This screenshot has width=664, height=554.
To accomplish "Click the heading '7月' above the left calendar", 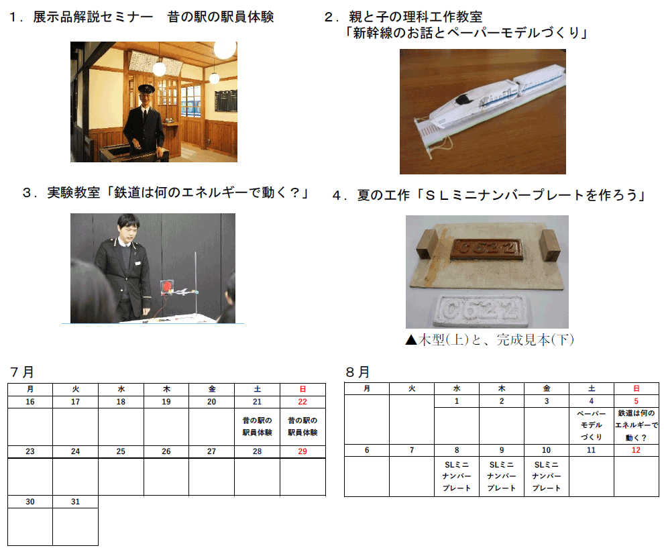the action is coord(21,372).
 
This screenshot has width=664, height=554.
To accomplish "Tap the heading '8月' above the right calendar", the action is coord(358,372).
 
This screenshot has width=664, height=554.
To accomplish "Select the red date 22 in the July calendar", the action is coord(302,402).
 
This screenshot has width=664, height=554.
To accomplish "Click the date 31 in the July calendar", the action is coord(75,502).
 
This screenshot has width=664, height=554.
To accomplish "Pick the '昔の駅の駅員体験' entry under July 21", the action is coord(257,426).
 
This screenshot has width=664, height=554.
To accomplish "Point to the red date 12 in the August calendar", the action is coord(636,450).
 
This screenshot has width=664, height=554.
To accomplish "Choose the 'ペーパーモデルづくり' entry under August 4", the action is coord(591,425).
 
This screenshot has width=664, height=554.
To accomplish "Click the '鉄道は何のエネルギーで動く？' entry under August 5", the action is coord(637,425).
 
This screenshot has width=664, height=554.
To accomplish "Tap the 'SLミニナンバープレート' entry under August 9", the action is coord(502,476).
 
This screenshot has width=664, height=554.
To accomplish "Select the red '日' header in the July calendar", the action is coord(302,389).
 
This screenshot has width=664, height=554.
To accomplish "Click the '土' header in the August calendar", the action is coord(591,388).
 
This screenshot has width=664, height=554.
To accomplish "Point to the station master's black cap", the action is coord(146,89).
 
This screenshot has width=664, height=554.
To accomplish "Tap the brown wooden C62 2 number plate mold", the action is coord(486,249).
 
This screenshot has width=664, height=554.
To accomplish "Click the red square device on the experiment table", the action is coord(166,287).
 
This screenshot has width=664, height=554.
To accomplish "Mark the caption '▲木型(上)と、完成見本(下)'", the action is coord(490,339).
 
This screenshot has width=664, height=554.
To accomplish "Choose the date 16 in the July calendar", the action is coord(30,402).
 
